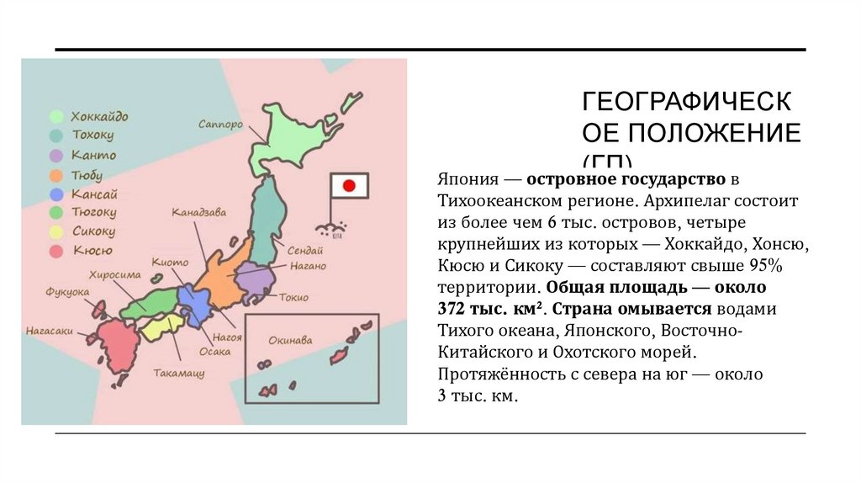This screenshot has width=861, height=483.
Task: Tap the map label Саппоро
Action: point(221,124)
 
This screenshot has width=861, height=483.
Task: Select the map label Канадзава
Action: point(199,213)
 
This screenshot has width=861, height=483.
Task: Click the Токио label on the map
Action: point(294,297)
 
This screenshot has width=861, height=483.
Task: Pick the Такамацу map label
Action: point(179,371)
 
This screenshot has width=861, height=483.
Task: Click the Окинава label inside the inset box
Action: point(290,341)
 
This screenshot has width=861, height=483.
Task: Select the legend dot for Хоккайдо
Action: point(57,117)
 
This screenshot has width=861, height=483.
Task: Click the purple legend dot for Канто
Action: point(57,156)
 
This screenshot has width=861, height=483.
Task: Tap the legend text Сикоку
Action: point(93,231)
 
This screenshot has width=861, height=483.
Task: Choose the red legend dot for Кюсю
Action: point(57,251)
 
